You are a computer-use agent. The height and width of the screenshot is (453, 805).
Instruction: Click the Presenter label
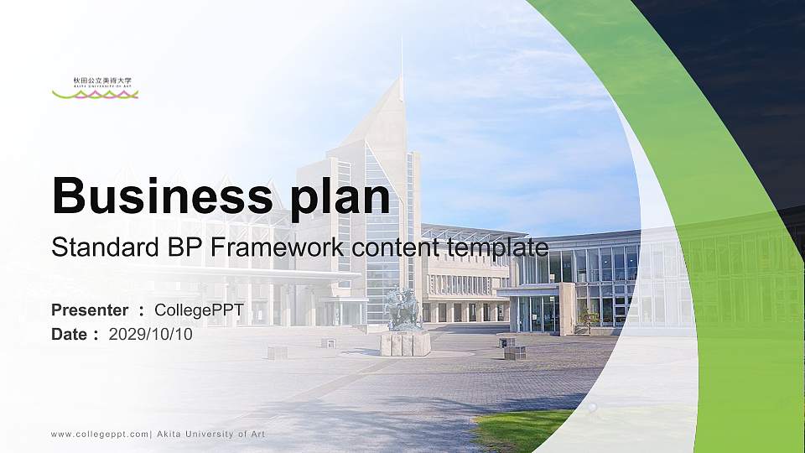click(x=90, y=310)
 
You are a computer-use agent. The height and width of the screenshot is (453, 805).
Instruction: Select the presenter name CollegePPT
click(x=199, y=310)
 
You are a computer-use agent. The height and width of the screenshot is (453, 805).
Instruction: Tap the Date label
click(x=69, y=334)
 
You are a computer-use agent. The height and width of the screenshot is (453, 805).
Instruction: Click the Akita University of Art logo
click(x=95, y=88)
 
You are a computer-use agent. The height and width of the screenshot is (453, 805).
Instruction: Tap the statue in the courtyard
click(x=403, y=308)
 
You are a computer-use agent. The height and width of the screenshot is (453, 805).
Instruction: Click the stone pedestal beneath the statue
click(x=405, y=342)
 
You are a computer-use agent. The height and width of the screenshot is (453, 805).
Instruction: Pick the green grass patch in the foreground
click(x=520, y=430)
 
